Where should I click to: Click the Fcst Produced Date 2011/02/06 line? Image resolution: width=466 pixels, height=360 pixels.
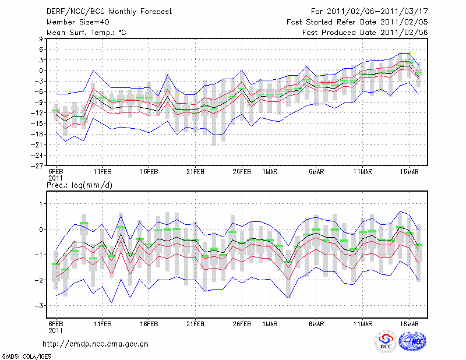tap(365, 33)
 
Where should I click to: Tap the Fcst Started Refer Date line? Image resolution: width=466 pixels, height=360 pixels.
tap(357, 22)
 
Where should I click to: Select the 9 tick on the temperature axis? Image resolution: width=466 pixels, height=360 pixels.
tap(41, 38)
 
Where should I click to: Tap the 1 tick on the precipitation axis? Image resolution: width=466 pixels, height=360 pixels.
tap(41, 204)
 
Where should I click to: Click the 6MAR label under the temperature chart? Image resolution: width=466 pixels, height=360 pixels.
tap(316, 172)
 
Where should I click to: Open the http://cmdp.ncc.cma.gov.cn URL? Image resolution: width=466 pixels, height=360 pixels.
tap(97, 344)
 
